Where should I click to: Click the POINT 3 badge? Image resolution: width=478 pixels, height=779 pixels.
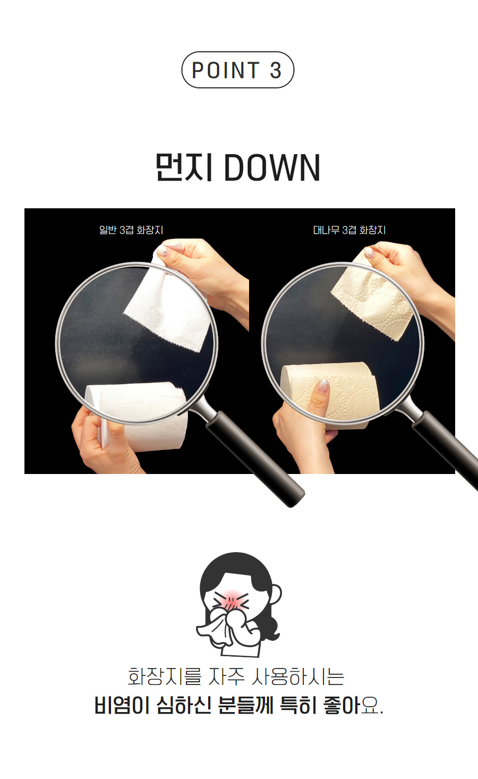pyautogui.click(x=238, y=70)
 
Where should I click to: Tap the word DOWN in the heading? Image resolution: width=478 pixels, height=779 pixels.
pyautogui.click(x=272, y=168)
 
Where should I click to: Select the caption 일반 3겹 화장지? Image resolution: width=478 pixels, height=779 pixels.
pyautogui.click(x=131, y=230)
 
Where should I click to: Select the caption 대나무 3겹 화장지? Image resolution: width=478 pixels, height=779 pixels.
pyautogui.click(x=349, y=230)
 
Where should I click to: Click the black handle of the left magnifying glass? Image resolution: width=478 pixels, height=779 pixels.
pyautogui.click(x=255, y=459)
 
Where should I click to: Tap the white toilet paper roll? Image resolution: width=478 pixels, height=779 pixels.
pyautogui.click(x=139, y=416)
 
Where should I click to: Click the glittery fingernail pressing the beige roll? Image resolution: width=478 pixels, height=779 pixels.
pyautogui.click(x=323, y=385)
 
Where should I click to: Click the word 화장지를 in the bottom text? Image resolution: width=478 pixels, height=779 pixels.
pyautogui.click(x=165, y=677)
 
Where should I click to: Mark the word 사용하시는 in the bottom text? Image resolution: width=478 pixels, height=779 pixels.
pyautogui.click(x=297, y=677)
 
